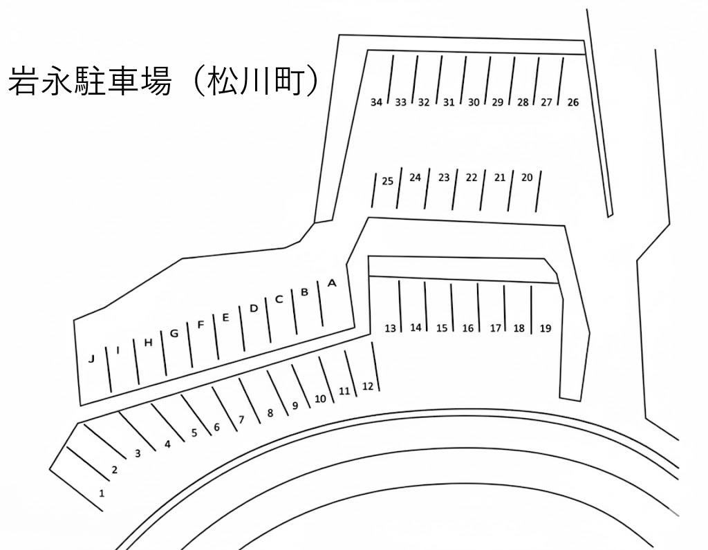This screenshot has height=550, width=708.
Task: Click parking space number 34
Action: pos(376,103)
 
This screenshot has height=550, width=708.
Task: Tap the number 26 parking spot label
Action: pos(572,103)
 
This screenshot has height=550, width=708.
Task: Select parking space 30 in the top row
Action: pos(474,103)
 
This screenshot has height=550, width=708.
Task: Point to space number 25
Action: pos(387,182)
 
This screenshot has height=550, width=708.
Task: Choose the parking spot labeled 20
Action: pos(527,178)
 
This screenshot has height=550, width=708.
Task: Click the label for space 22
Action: pos(472,178)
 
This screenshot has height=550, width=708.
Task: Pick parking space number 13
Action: pos(391,328)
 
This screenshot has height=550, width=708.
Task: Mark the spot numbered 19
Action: pos(546,328)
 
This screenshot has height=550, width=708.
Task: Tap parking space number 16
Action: pos(468,328)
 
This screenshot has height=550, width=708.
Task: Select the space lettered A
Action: pos(331,283)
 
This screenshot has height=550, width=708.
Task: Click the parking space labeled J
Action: pos(91,359)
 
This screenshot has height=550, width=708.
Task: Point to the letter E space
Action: pos(225,318)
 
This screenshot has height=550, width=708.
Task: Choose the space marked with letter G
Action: pos(174,334)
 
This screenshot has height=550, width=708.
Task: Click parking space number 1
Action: pos(102,493)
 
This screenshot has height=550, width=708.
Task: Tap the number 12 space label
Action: pos(368,386)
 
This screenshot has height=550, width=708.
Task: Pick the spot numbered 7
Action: pos(241,419)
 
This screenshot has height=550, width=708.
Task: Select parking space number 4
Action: pos(167,445)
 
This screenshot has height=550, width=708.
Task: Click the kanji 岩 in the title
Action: pos(24,81)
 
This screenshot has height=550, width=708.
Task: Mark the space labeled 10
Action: pos(319,399)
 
